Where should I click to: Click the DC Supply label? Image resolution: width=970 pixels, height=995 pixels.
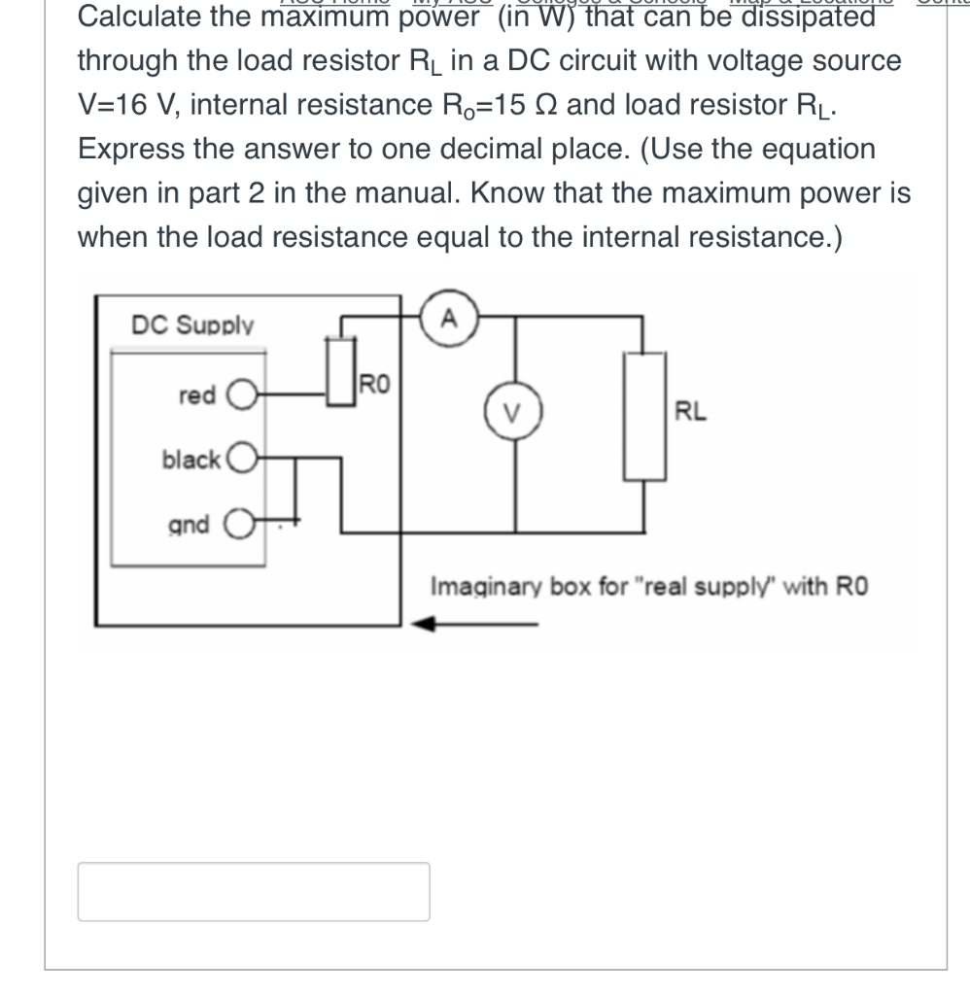click(x=192, y=326)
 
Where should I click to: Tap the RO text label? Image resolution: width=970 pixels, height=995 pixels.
click(x=374, y=383)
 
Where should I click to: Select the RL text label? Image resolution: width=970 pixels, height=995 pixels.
click(x=691, y=412)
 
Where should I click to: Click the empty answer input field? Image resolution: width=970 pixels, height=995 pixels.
click(x=254, y=891)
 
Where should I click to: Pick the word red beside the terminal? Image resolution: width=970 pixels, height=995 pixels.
click(x=197, y=395)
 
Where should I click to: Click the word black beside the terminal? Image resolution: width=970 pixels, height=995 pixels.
click(x=191, y=460)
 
